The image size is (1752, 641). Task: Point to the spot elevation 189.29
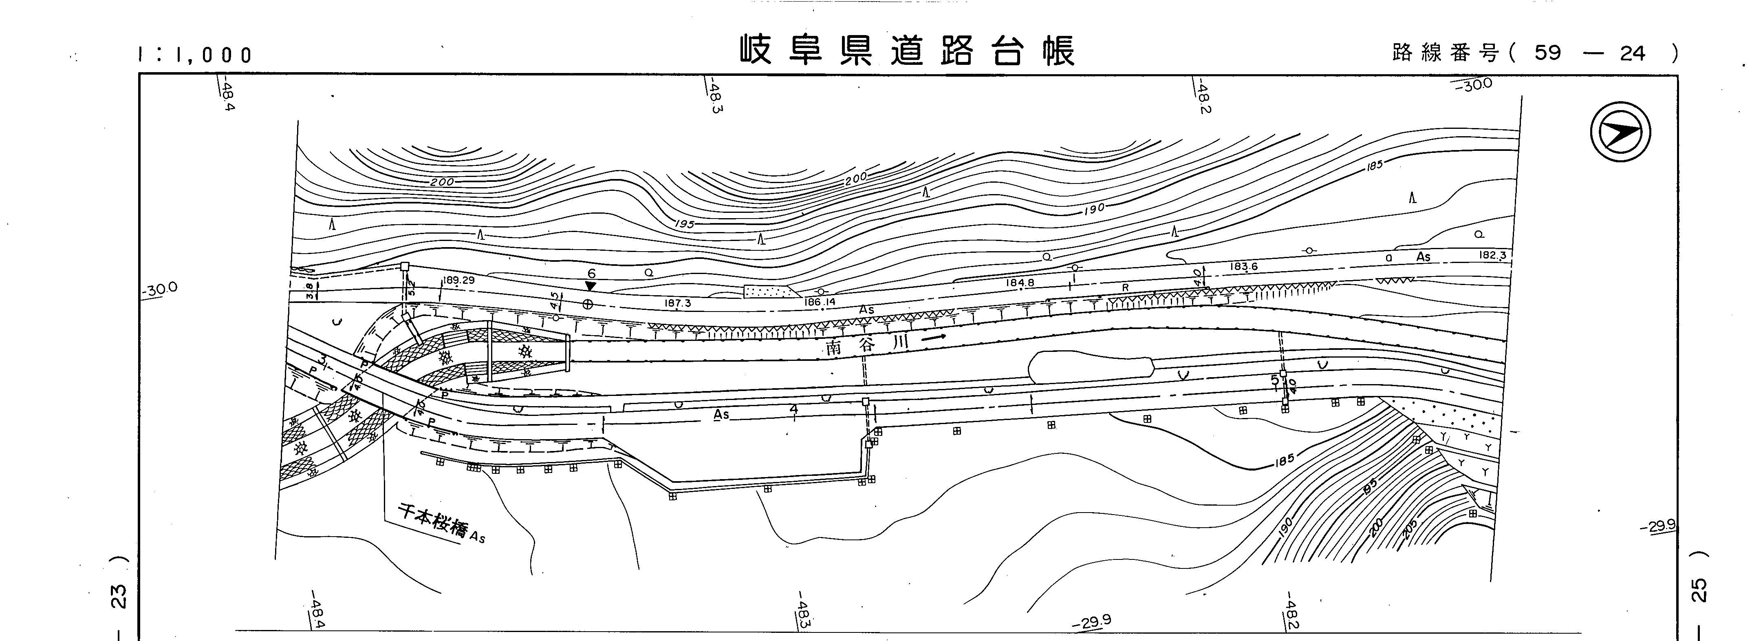point(458,280)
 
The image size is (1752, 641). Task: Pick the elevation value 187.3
point(677,303)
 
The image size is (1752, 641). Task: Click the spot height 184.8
point(1020,283)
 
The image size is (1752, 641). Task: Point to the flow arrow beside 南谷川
point(933,336)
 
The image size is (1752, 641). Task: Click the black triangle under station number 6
point(591,286)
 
